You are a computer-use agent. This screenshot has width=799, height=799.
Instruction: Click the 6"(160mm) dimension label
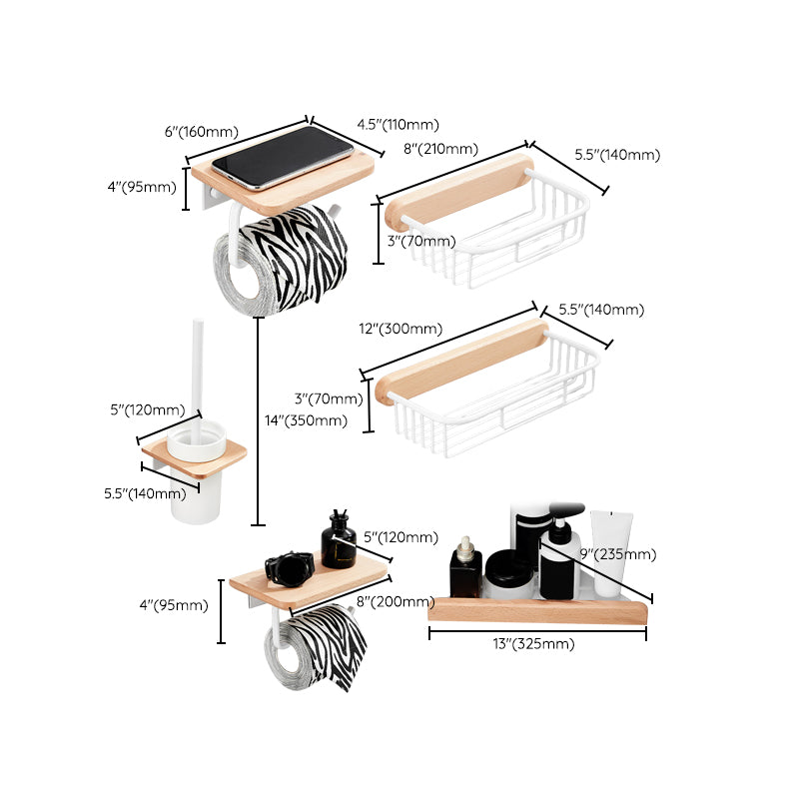click(207, 132)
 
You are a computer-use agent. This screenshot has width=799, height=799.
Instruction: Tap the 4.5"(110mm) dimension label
click(398, 125)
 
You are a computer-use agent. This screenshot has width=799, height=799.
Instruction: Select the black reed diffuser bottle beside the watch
click(339, 541)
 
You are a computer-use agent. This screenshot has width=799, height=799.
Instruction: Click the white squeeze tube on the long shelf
click(610, 550)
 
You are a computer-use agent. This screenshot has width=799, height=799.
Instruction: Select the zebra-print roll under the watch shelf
click(319, 645)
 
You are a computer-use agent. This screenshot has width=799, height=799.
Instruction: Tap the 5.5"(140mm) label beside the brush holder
click(145, 492)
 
